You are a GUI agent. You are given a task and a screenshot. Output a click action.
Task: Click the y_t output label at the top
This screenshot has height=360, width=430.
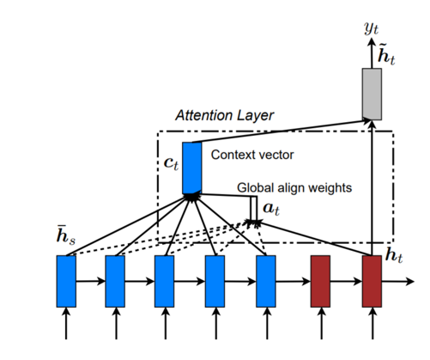(371, 29)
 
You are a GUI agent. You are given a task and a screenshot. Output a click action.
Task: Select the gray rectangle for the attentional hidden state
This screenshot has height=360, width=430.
(371, 92)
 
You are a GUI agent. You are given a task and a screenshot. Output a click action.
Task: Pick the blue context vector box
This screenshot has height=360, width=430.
(191, 167)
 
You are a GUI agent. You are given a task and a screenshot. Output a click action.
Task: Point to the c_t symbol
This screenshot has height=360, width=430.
(170, 162)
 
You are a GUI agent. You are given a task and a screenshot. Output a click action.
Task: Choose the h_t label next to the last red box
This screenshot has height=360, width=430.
(397, 254)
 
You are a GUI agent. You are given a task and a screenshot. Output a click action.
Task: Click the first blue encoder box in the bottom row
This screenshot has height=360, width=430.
(65, 281)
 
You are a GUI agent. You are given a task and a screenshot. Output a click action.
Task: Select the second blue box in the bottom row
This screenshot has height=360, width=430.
(115, 281)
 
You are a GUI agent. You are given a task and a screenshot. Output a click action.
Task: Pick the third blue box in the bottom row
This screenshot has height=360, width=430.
(165, 281)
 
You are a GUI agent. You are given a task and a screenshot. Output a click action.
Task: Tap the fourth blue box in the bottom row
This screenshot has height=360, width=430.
(215, 281)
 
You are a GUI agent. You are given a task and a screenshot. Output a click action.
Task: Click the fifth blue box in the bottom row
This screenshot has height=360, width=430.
(266, 281)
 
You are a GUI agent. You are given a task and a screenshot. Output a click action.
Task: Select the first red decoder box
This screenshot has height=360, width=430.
(320, 281)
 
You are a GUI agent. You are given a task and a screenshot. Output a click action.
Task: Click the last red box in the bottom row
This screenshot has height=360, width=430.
(371, 281)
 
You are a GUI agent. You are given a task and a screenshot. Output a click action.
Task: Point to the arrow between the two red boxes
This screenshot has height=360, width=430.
(346, 281)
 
